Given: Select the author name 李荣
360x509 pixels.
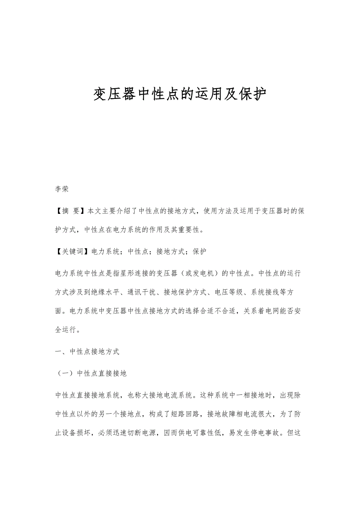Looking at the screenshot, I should point(62,189).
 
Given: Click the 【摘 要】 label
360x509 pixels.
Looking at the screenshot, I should point(71,211).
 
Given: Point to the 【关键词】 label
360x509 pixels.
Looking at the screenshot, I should point(71,251).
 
